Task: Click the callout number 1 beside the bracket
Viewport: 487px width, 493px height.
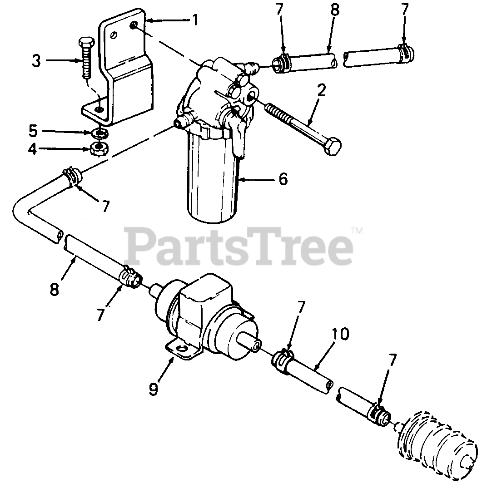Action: tap(195, 21)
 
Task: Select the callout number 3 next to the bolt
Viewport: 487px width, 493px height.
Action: tap(36, 60)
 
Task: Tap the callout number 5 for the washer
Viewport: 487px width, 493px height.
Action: tap(33, 131)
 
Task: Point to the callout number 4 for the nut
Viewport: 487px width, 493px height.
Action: tap(33, 148)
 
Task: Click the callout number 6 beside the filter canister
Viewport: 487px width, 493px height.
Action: tap(283, 179)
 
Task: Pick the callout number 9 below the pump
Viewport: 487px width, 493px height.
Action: tap(154, 389)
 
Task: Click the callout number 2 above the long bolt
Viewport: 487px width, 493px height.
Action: tap(321, 91)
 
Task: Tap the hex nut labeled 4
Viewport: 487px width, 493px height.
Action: tap(96, 148)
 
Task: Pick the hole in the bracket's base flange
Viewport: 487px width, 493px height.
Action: tap(99, 108)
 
